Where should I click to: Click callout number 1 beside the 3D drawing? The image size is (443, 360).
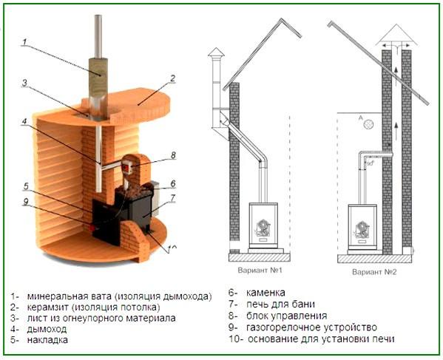tap(24, 43)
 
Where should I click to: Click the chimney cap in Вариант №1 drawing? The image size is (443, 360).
tap(215, 53)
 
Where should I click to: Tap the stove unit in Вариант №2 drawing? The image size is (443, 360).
tap(362, 226)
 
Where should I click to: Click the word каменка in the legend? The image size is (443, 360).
tap(266, 293)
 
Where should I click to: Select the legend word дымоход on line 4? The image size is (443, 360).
tap(49, 330)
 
